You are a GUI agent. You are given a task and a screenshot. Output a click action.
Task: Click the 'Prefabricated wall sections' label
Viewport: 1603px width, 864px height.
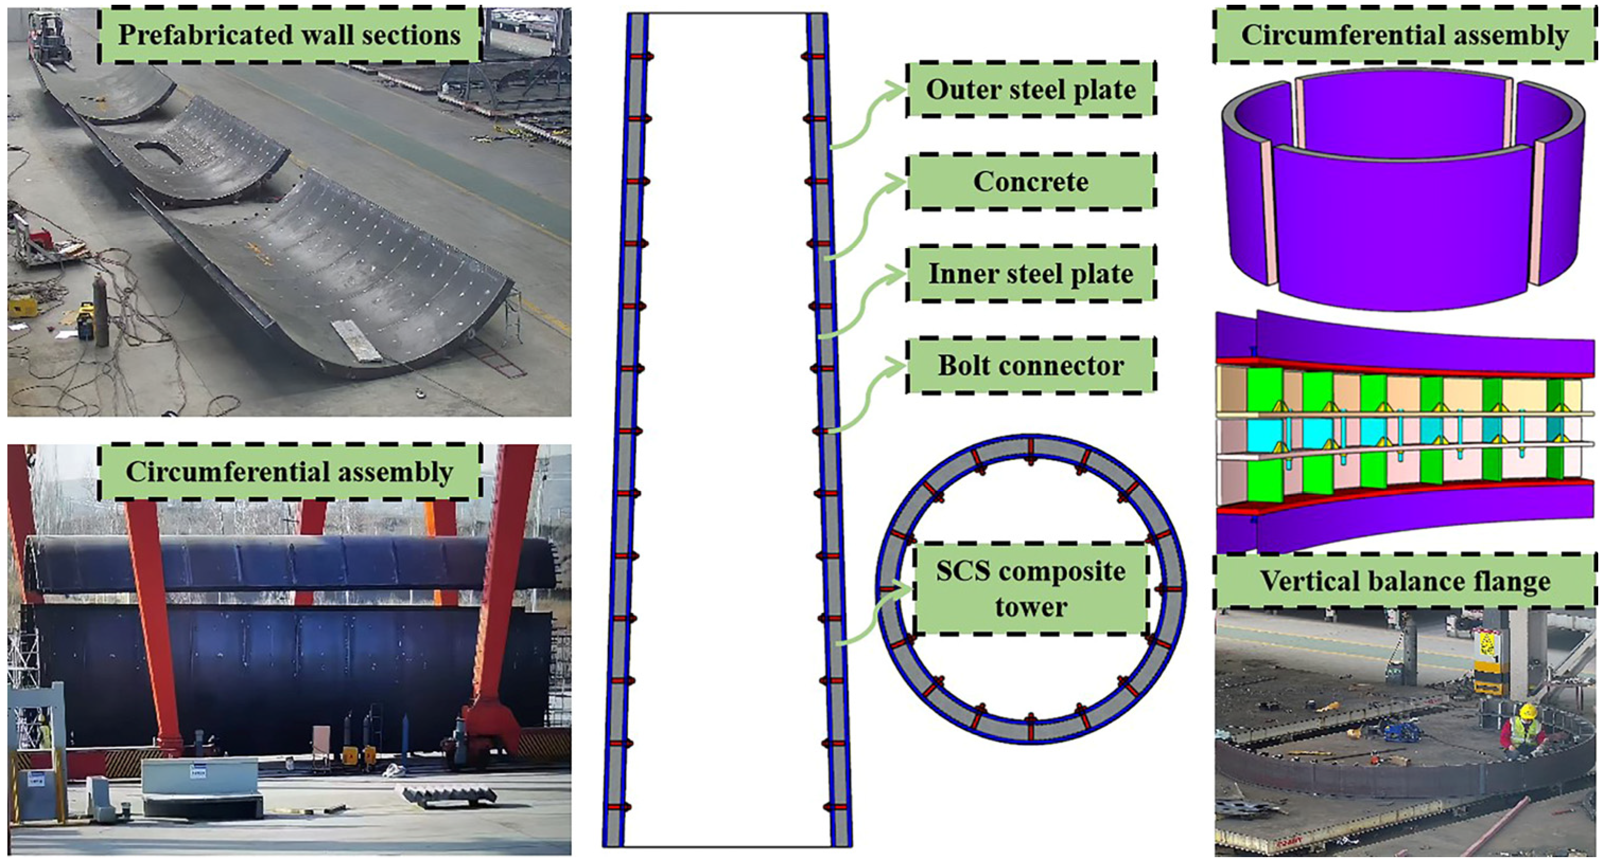(289, 35)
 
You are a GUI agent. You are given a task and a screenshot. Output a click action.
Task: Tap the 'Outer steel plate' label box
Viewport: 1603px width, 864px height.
(1031, 89)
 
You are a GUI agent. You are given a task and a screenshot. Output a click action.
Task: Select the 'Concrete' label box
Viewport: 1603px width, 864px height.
(1031, 181)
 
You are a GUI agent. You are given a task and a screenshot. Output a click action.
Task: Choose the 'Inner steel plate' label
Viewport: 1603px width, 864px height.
(1031, 274)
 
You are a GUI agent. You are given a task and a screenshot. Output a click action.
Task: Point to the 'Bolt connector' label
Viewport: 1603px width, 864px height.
(1031, 365)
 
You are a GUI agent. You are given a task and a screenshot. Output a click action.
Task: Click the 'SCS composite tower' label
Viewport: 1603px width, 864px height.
(1031, 588)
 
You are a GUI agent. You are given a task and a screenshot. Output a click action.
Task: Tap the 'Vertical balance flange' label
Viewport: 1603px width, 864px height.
(1405, 581)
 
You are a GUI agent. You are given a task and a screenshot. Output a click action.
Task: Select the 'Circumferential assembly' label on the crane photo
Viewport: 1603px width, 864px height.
(289, 472)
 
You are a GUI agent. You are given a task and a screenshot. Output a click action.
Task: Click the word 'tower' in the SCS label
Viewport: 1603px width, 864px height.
(1031, 607)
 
